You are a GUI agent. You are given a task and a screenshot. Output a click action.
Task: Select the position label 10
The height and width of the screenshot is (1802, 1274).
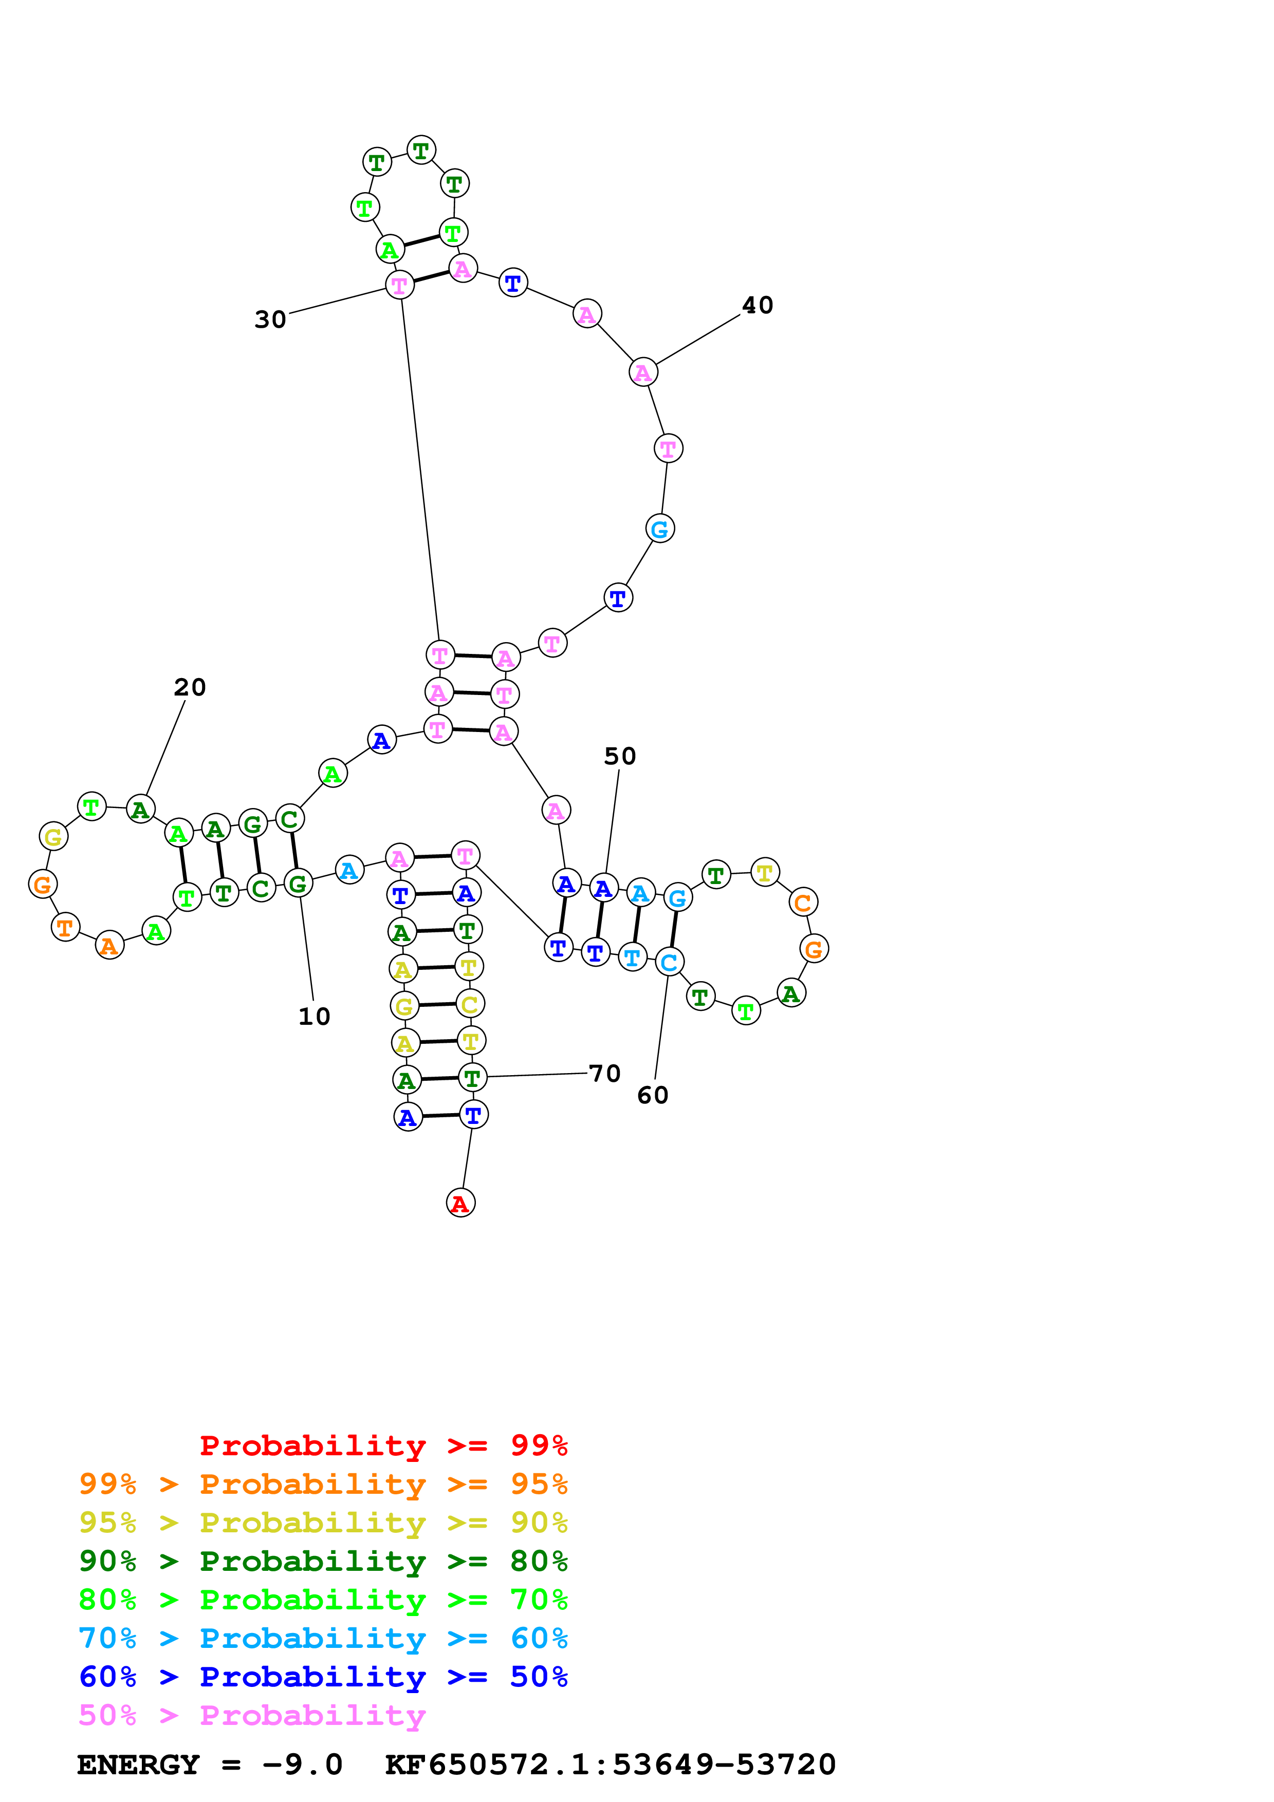pyautogui.click(x=314, y=1017)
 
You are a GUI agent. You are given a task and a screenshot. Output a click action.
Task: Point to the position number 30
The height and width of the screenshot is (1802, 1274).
pyautogui.click(x=270, y=320)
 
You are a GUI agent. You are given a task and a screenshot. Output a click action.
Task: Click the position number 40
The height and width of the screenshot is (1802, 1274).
pyautogui.click(x=758, y=305)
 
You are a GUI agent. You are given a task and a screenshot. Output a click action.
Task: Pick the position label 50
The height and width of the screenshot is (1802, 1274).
pyautogui.click(x=619, y=756)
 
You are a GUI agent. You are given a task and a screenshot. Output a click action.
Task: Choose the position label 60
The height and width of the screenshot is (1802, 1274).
pyautogui.click(x=652, y=1095)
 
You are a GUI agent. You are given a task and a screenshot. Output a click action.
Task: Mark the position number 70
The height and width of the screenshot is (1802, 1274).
pyautogui.click(x=604, y=1073)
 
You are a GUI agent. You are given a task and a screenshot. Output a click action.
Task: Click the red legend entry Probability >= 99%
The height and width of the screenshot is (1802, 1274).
pyautogui.click(x=383, y=1445)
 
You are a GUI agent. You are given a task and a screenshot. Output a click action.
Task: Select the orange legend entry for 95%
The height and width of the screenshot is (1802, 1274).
pyautogui.click(x=323, y=1484)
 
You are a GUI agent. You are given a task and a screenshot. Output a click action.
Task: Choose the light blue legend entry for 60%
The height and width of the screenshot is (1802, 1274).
pyautogui.click(x=323, y=1638)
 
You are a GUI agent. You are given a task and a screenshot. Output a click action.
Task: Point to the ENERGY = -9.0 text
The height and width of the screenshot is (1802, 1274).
pyautogui.click(x=210, y=1765)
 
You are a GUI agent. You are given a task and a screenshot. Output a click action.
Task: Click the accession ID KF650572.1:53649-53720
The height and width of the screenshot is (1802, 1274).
pyautogui.click(x=610, y=1765)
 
